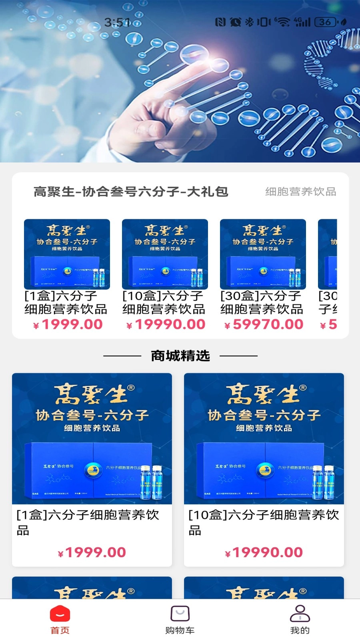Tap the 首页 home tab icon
coord(60,614)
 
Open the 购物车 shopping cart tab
coord(180,614)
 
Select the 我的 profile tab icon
coord(300,614)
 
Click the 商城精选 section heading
coord(180,356)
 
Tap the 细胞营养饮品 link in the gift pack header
coord(300,192)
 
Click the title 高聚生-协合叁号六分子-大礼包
coord(131,192)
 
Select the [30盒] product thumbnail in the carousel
coord(263,254)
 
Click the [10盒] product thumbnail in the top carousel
coord(165,254)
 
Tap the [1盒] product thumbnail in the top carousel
coord(67,254)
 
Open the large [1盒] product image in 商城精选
coord(92,438)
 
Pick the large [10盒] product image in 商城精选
coord(264,438)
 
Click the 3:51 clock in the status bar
coord(117,22)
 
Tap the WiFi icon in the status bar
coord(283,22)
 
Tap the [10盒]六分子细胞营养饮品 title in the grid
coord(263,522)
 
